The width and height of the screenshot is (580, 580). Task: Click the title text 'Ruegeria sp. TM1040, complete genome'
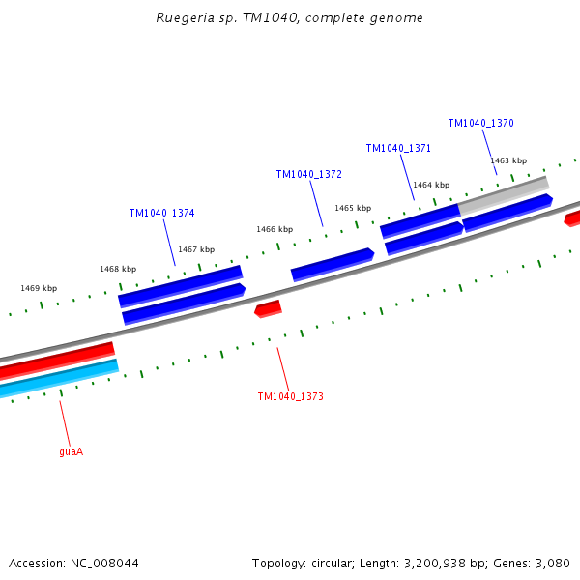(289, 18)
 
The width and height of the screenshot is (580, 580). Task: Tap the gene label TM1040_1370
(480, 124)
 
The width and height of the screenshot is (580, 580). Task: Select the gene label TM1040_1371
(398, 148)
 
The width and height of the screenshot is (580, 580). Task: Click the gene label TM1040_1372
(308, 174)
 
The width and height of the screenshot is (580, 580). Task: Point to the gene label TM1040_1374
(161, 213)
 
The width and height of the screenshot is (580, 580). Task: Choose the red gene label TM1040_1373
(290, 396)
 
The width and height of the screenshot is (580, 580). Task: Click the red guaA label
(71, 451)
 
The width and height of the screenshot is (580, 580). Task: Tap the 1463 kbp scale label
(508, 160)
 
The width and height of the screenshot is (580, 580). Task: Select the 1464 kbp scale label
(431, 185)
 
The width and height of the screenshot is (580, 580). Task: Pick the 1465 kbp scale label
(353, 208)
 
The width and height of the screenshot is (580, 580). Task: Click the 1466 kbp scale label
(275, 229)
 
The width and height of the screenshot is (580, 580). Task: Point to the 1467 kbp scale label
(196, 249)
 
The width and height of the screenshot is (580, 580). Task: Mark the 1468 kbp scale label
(118, 269)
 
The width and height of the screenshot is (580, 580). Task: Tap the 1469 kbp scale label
(39, 288)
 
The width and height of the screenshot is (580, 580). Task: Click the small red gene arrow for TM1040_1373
(268, 308)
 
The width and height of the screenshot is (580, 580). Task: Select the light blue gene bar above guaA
(58, 378)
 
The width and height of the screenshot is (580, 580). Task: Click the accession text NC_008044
(73, 563)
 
